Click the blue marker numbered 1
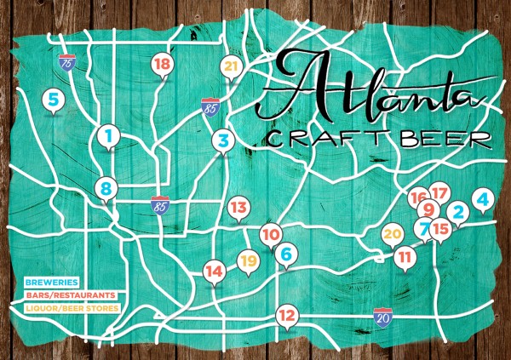pos(108,134)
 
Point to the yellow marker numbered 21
pos(229,66)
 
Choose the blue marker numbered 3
pos(222,140)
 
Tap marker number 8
pos(105,189)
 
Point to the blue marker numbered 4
pos(482,201)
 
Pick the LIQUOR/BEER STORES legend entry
pos(71,306)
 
